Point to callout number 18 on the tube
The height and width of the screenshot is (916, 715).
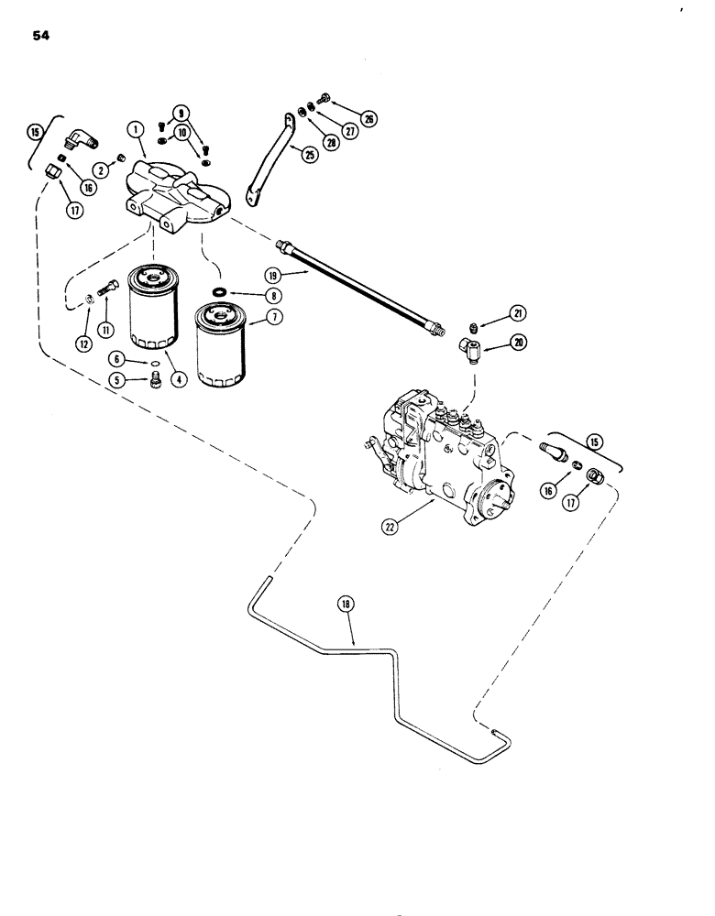coord(347,605)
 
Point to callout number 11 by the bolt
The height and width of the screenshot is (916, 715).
coord(106,328)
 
